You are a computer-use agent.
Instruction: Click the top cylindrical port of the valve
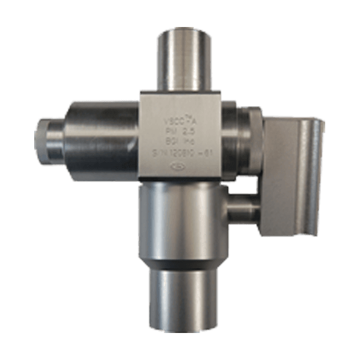coord(184,57)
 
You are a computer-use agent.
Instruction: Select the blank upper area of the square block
coord(180,102)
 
